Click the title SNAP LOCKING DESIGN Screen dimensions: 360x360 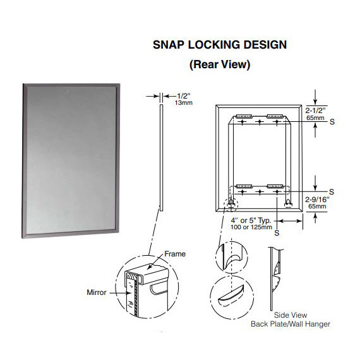[220, 45]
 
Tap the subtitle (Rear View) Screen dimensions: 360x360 [220, 64]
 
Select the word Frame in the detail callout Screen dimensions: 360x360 [175, 254]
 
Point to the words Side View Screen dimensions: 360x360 [290, 315]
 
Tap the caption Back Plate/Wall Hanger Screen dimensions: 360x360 [290, 324]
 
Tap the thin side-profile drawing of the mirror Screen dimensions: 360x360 [160, 158]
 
